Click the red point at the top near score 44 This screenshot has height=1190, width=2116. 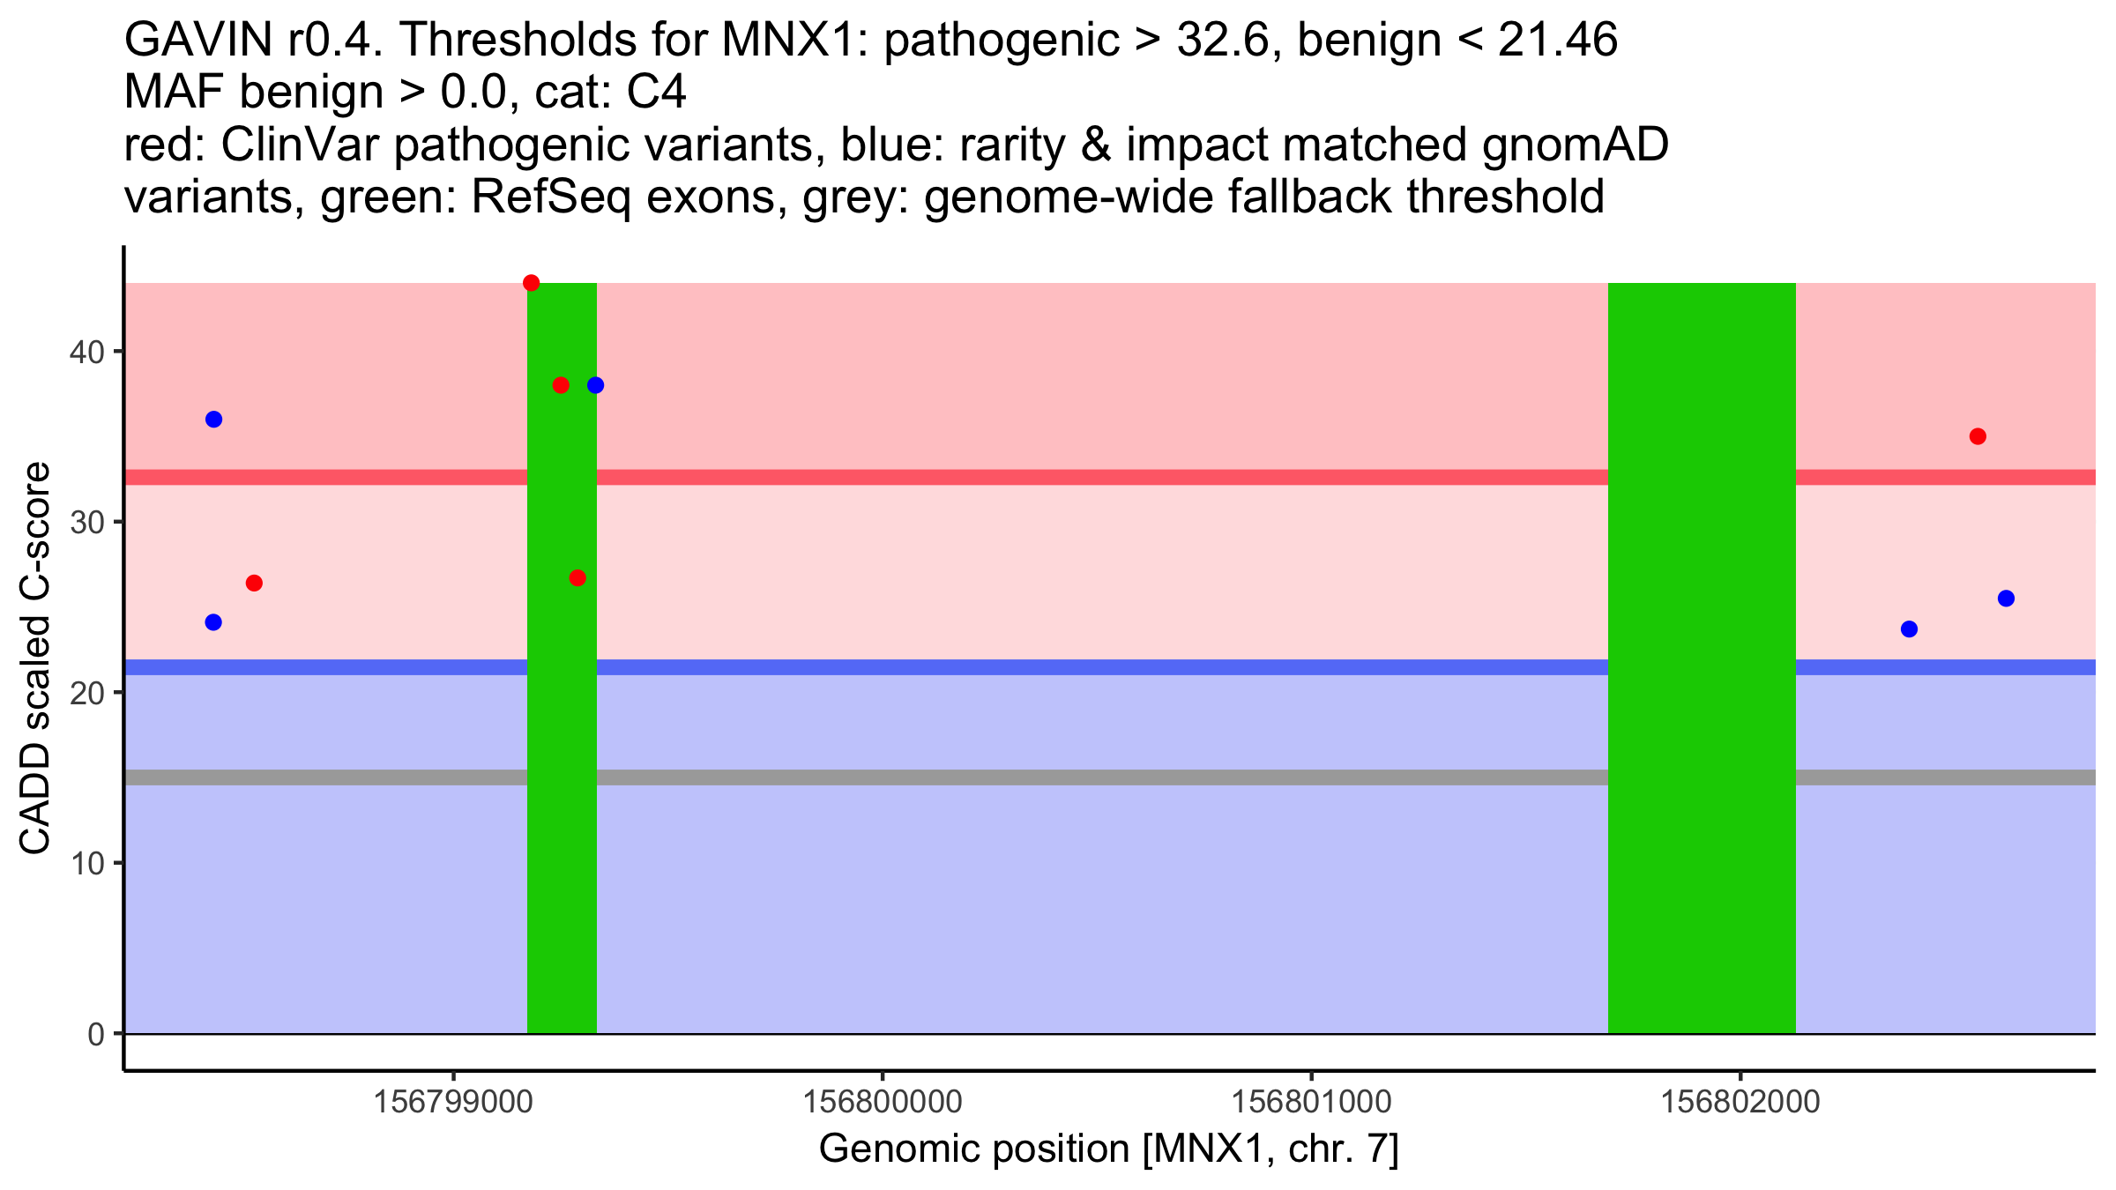coord(531,283)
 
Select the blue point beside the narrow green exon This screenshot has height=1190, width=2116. coord(595,385)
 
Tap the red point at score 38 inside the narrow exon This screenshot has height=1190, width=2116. coord(561,385)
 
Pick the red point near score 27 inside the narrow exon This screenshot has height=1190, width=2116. coord(577,578)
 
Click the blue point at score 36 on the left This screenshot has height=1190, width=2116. coord(213,420)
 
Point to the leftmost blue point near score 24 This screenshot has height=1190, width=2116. coord(213,622)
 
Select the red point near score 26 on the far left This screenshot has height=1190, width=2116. coord(254,584)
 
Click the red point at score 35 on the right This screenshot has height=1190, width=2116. coord(1978,436)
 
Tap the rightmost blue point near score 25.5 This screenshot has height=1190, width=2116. coord(2006,599)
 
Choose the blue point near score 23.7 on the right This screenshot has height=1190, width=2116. coord(1909,629)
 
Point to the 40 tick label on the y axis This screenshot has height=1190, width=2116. coord(86,353)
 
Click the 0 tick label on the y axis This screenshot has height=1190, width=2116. coord(95,1035)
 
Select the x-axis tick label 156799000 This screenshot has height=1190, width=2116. coord(453,1103)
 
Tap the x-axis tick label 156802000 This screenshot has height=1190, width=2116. coord(1740,1103)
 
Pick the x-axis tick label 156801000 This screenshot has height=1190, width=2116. coord(1311,1103)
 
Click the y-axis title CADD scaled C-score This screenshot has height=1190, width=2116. coord(35,658)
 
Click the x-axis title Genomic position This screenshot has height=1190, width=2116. coord(1108,1149)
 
